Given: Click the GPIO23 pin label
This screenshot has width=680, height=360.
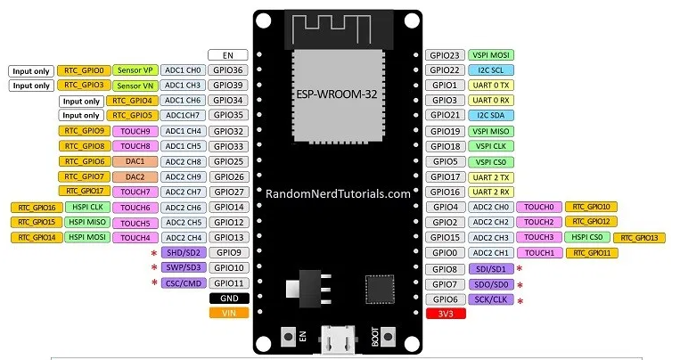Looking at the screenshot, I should pyautogui.click(x=447, y=55).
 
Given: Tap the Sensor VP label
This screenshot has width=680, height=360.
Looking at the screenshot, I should pyautogui.click(x=135, y=70).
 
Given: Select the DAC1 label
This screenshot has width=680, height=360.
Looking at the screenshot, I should pyautogui.click(x=135, y=161).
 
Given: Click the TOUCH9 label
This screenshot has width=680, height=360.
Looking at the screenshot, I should pyautogui.click(x=135, y=131).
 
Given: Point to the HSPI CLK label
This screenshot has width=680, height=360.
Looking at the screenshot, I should pyautogui.click(x=85, y=207).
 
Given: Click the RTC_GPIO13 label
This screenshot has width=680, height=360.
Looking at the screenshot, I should pyautogui.click(x=639, y=238).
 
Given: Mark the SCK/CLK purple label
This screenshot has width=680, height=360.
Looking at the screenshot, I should pyautogui.click(x=492, y=300).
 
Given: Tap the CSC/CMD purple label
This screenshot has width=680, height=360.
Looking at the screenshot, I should pyautogui.click(x=184, y=283).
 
